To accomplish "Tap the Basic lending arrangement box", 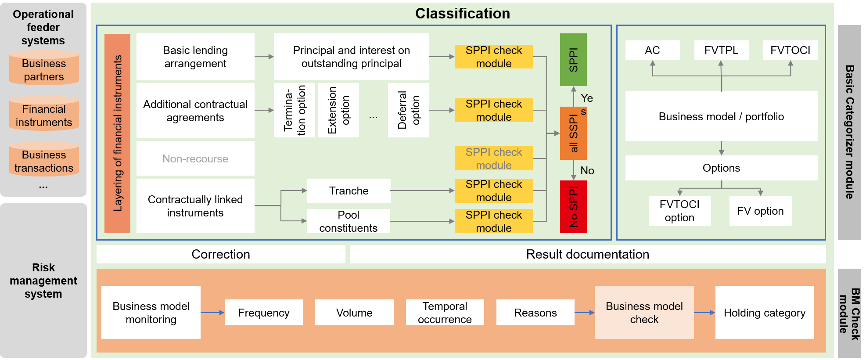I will pos(195,57).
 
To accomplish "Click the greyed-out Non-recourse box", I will pos(195,158).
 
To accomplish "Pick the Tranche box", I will pos(349,191).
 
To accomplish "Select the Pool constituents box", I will pos(348,221).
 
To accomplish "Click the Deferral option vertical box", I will pos(408,110).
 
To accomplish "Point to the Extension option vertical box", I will pos(338,110).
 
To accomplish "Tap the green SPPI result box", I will pos(573,59).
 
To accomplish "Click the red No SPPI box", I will pos(573,206).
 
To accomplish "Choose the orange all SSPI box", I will pos(573,133).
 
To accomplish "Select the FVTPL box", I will pos(721,50).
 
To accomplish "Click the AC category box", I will pos(652,50).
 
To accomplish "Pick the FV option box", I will pos(760,211).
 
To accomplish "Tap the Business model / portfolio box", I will pos(721,116).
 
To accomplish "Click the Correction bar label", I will pos(221,254).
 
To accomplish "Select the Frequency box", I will pos(263,313).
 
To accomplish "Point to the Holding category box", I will pos(765,313).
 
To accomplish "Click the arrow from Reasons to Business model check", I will pos(585,313).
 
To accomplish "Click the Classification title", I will pos(463,14).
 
